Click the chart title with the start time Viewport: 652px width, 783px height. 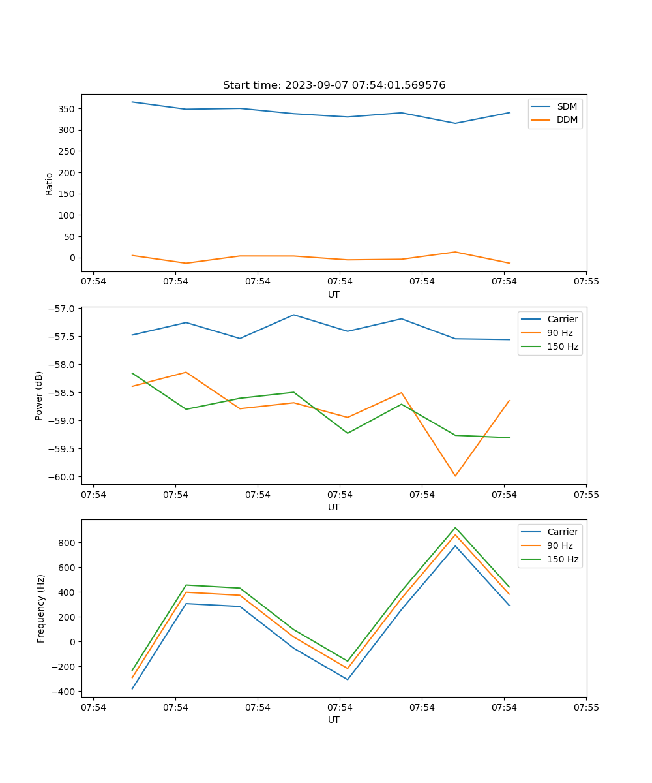334,85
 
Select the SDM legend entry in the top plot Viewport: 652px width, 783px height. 567,106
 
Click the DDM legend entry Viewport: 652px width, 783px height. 567,119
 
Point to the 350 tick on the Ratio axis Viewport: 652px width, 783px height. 68,108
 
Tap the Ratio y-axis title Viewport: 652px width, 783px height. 50,184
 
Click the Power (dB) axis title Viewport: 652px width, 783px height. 39,395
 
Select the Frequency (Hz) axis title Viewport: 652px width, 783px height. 40,608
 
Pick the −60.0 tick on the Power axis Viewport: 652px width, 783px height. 63,477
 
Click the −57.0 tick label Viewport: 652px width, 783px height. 63,309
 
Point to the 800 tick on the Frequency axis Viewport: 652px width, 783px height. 68,543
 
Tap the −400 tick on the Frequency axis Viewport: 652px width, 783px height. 65,692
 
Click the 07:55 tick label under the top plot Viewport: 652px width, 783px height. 586,282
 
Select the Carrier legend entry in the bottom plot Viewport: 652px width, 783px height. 562,532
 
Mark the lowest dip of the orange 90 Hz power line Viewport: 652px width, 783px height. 455,476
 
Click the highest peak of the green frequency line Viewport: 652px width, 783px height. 455,528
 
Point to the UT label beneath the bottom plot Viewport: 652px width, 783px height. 334,720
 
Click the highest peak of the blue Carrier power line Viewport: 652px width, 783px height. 293,315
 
